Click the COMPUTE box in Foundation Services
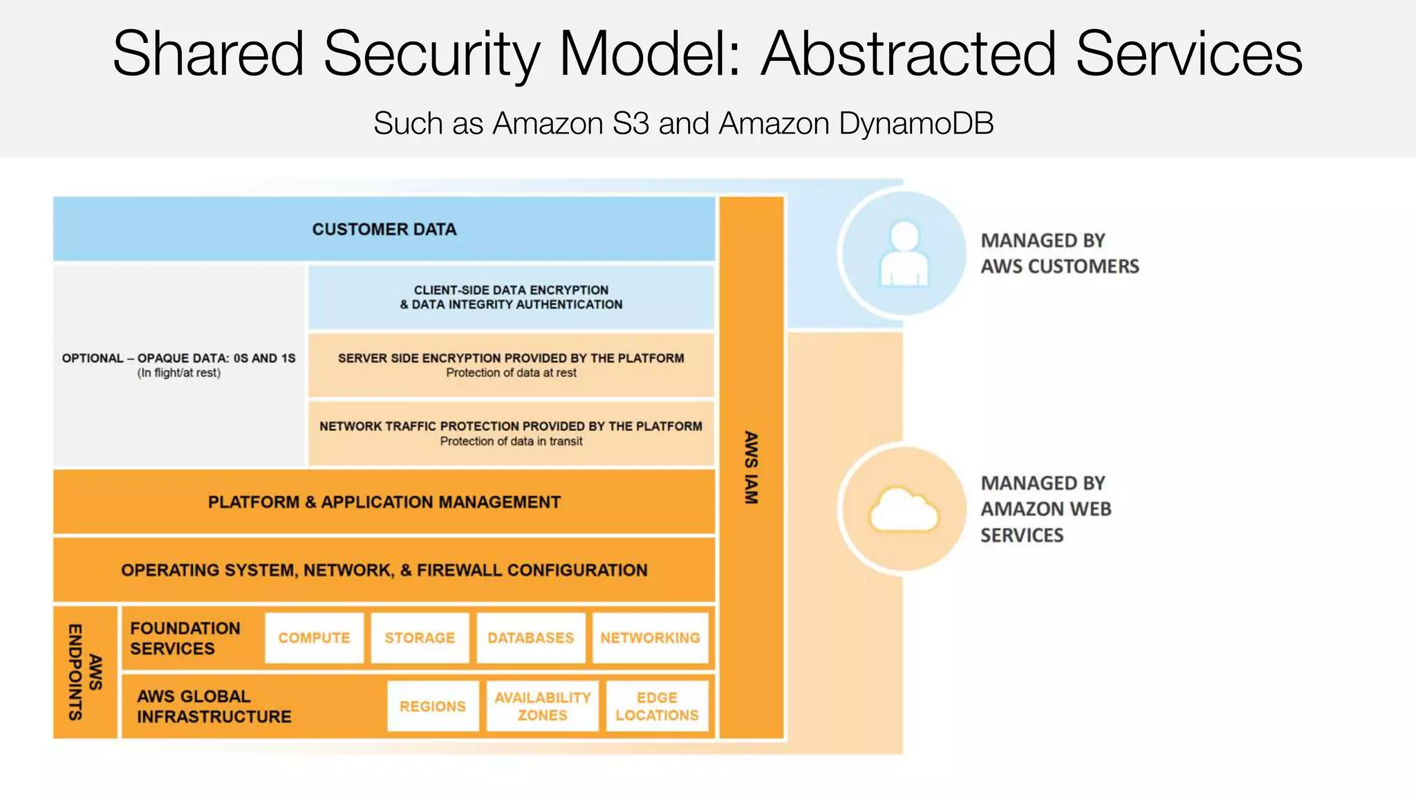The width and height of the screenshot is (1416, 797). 314,638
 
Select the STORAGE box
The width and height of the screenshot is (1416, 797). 420,638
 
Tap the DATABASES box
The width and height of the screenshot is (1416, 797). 530,638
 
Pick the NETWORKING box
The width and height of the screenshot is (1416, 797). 650,638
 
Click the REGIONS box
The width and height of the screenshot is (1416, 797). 433,706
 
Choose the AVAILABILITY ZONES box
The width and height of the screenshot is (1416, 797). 542,706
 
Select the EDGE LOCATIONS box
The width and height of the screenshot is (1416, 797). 657,706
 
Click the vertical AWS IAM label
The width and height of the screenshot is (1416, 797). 752,468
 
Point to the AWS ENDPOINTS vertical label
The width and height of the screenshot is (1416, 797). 85,672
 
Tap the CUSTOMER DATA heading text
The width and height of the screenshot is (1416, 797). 384,229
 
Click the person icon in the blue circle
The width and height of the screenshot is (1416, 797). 904,254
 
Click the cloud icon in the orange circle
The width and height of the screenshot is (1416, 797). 904,511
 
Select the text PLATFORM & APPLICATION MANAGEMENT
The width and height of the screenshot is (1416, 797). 384,502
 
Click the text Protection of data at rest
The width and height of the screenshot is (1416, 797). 511,373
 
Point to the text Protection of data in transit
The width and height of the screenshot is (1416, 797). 511,441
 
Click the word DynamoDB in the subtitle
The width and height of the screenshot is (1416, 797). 916,124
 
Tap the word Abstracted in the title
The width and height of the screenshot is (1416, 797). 909,54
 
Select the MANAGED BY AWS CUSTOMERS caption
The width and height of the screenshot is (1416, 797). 1059,253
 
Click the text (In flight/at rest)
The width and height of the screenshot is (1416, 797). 178,373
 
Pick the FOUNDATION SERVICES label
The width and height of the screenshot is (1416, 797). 185,638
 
